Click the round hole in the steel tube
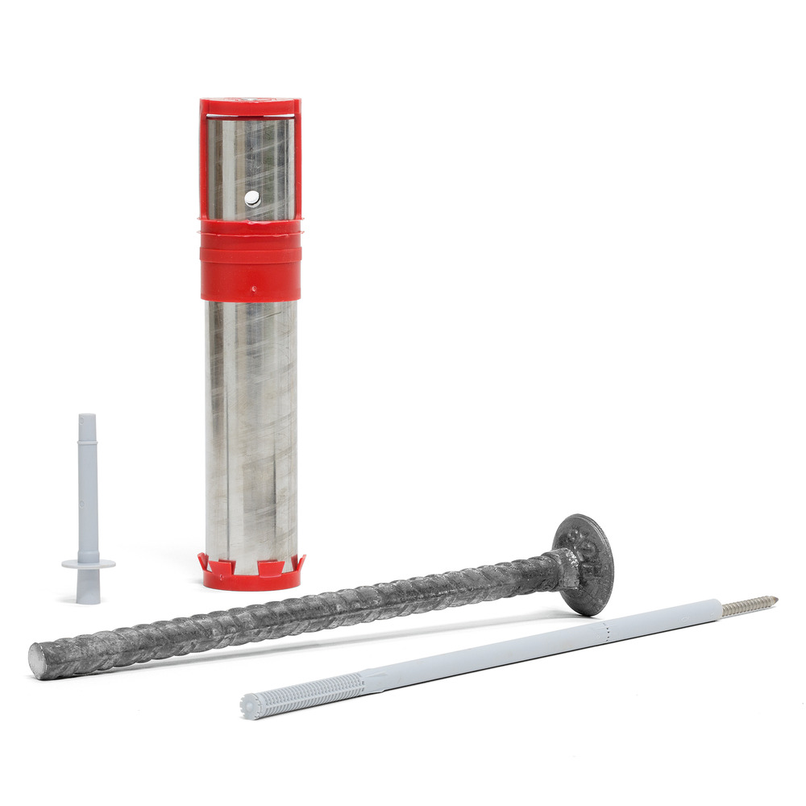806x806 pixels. pyautogui.click(x=252, y=198)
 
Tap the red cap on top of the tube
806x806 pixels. pyautogui.click(x=250, y=106)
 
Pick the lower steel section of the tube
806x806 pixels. pyautogui.click(x=251, y=427)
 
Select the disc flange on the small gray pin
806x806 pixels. pyautogui.click(x=88, y=563)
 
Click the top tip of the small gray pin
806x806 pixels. pyautogui.click(x=86, y=418)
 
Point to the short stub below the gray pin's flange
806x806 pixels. pyautogui.click(x=89, y=588)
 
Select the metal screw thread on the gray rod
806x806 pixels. pyautogui.click(x=746, y=605)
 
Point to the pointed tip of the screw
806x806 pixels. pyautogui.click(x=775, y=599)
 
